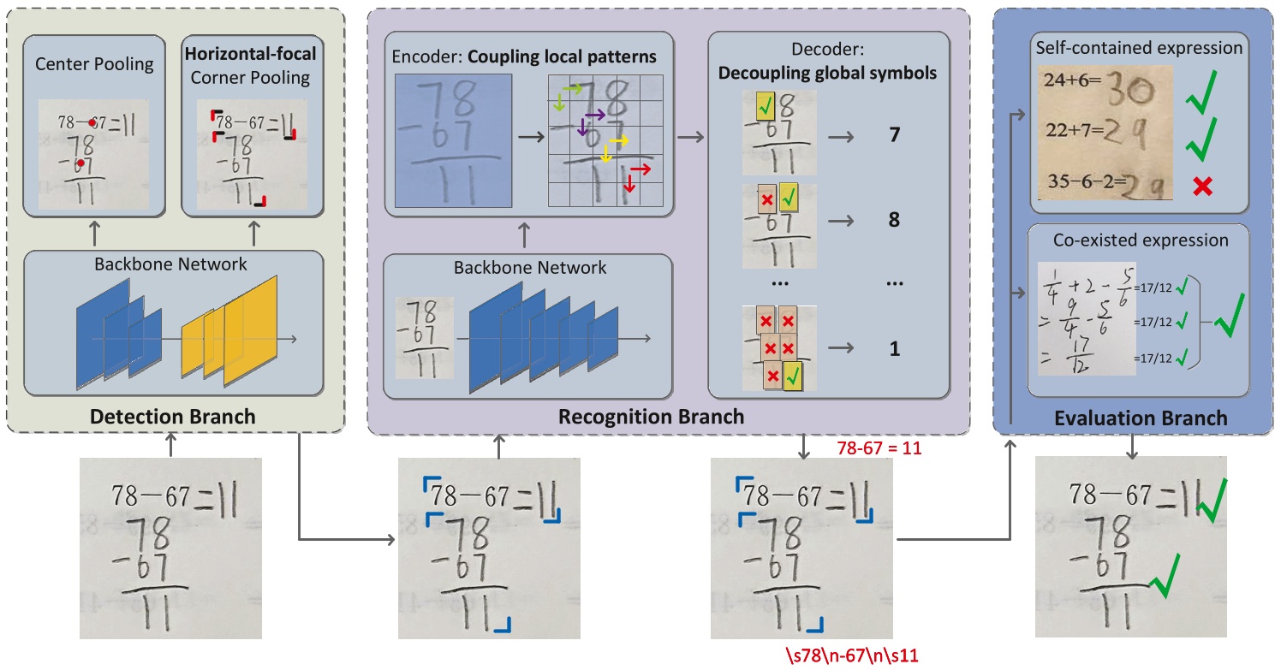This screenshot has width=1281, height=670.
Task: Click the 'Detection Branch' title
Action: click(173, 417)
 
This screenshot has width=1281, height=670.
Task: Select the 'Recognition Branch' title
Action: click(651, 417)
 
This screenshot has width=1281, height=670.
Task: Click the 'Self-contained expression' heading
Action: click(1139, 48)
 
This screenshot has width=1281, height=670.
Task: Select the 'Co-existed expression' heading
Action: click(1138, 240)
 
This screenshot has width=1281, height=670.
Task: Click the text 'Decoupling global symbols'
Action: click(827, 73)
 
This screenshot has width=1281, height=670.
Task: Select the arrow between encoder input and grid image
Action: click(529, 134)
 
